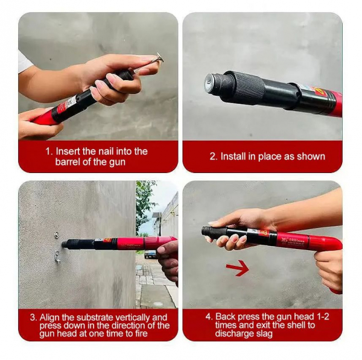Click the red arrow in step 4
tap(237, 268)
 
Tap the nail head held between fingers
tap(160, 58)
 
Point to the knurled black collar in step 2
tap(250, 87)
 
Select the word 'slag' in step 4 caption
tap(264, 333)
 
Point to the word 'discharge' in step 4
tap(234, 333)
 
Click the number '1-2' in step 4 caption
tap(323, 317)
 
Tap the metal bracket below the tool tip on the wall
tap(57, 256)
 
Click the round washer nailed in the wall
tap(56, 235)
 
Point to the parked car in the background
tap(150, 254)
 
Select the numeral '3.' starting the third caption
tap(33, 318)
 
